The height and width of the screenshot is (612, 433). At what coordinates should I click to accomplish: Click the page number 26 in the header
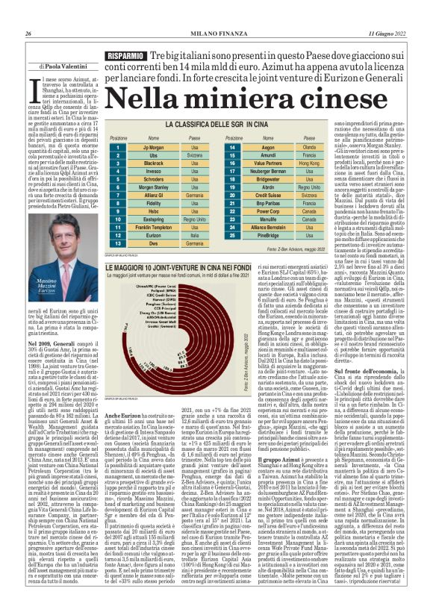(x=28, y=34)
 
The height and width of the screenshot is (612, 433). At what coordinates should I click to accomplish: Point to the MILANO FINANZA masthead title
(x=216, y=34)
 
